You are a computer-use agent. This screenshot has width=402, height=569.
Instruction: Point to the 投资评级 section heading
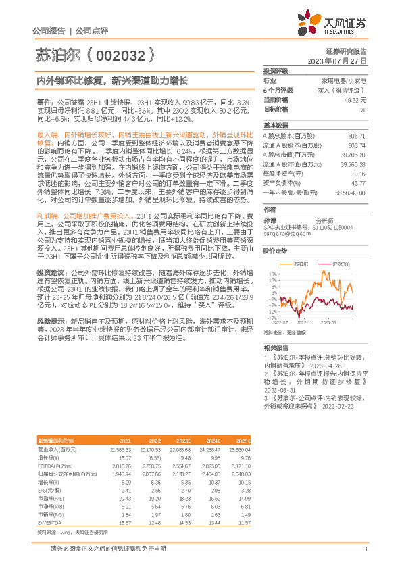tap(276, 70)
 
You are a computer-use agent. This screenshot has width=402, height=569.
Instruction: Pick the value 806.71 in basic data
tap(356, 137)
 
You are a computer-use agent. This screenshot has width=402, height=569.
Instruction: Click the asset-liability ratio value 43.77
tap(359, 183)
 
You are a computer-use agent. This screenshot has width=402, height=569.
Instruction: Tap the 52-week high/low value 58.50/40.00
tap(351, 193)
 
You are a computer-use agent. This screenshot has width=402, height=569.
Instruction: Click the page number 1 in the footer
tap(366, 549)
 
